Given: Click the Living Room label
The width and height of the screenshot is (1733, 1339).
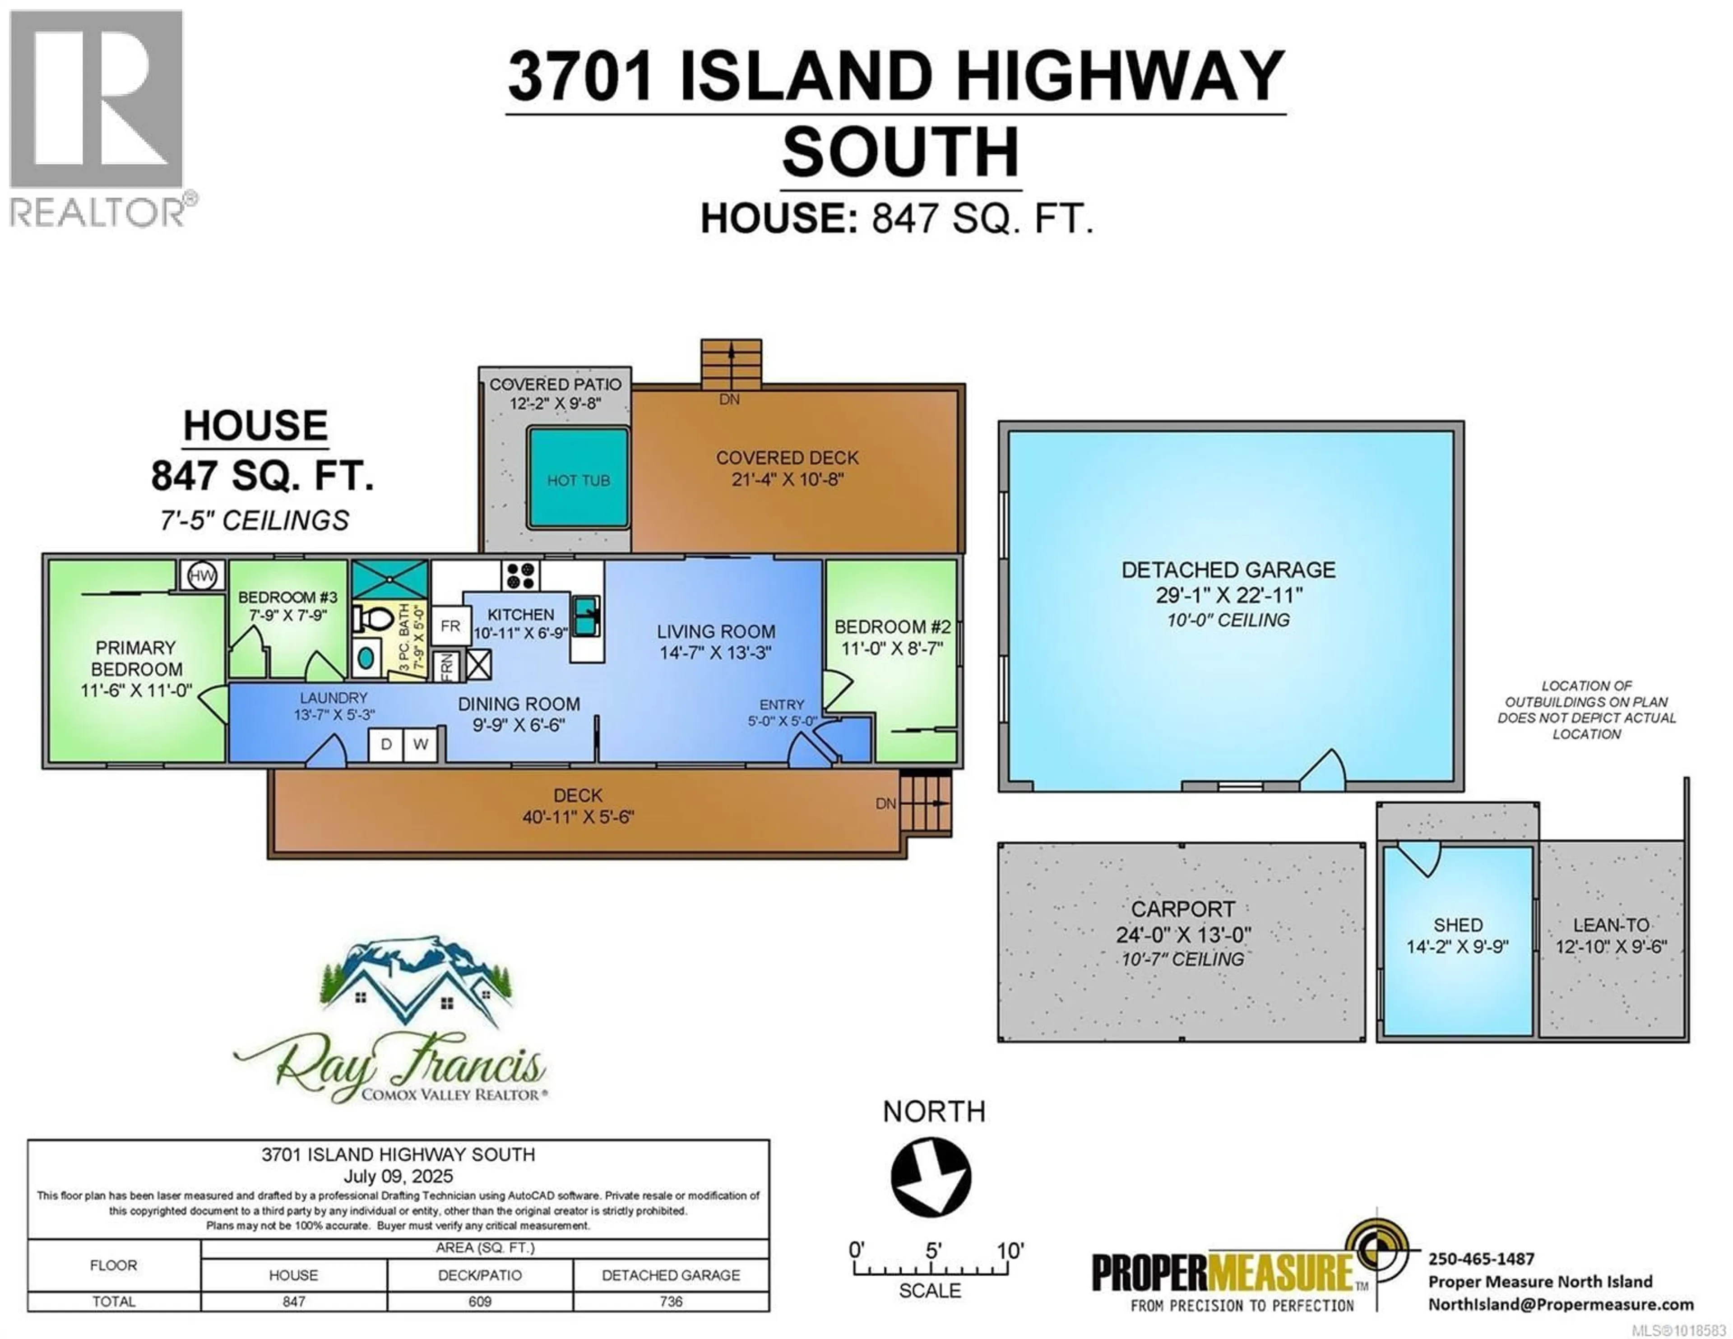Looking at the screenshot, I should [716, 632].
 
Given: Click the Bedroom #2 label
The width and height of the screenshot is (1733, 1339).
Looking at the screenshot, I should [892, 627].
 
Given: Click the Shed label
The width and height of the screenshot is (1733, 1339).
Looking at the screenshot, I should [1458, 925].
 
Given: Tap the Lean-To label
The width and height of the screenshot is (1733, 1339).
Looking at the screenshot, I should [1611, 925].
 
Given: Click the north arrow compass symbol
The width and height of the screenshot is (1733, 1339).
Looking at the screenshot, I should [931, 1176].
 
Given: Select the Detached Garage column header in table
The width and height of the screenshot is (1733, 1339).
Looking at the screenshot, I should [671, 1275].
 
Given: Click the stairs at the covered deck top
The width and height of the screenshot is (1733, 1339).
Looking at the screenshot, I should [731, 364].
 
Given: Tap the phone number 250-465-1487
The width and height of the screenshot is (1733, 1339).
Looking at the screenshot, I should [1481, 1258].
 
